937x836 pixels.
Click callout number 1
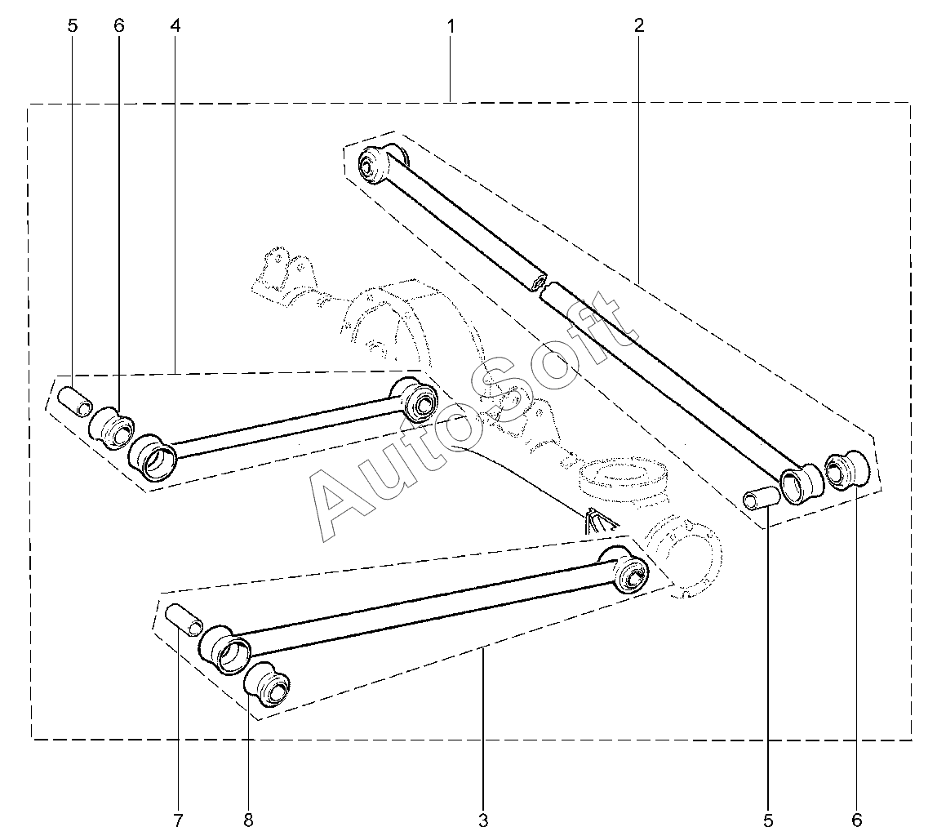[x=451, y=25]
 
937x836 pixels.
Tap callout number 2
[x=639, y=25]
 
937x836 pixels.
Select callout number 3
[x=483, y=819]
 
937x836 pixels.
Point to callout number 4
[x=175, y=25]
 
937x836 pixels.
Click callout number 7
[x=177, y=819]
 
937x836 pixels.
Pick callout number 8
[x=249, y=819]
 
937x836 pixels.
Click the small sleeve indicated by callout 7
[x=184, y=620]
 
